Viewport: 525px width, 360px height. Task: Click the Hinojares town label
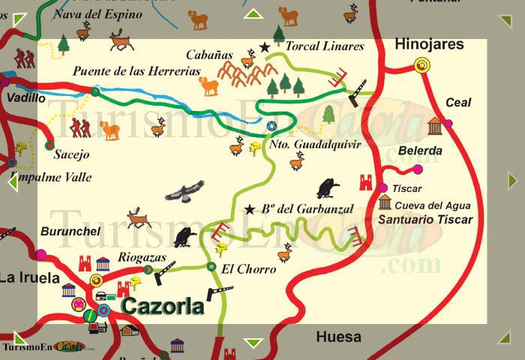[x=429, y=44]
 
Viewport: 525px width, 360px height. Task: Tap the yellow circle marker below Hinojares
[x=422, y=66]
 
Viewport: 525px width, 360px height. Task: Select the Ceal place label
[x=458, y=103]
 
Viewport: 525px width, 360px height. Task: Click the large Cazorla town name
[x=163, y=306]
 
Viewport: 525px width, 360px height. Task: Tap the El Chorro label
[x=239, y=268]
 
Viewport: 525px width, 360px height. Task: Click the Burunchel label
[x=70, y=231]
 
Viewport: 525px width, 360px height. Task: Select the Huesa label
[x=338, y=337]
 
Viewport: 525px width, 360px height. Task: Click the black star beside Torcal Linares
[x=264, y=47]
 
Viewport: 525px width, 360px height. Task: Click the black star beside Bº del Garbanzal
[x=249, y=209]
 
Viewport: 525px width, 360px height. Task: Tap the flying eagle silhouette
[x=184, y=191]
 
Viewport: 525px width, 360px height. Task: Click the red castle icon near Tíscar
[x=366, y=182]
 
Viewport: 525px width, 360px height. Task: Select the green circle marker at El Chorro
[x=211, y=266]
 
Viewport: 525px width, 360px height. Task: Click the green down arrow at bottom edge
[x=253, y=343]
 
